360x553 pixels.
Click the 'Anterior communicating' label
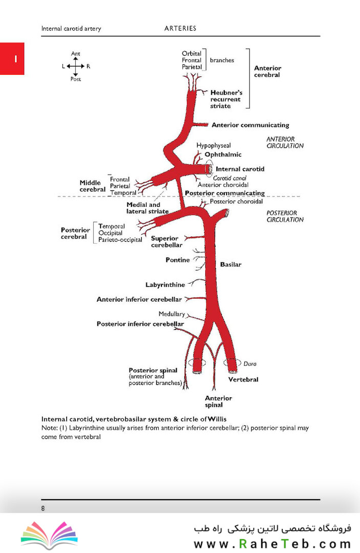point(250,125)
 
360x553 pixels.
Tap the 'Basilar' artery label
point(230,265)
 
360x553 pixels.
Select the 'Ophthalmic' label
point(223,155)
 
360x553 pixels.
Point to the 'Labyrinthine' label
point(165,285)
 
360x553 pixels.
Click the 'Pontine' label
point(178,260)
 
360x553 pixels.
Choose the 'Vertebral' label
point(243,379)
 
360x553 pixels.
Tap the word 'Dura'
point(250,364)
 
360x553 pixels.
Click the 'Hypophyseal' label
point(214,145)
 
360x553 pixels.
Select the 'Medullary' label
point(172,314)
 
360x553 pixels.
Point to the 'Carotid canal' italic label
point(229,178)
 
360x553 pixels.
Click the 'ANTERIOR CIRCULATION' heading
point(285,142)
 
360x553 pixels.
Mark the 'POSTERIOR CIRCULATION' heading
point(285,216)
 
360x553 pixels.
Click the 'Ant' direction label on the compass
point(75,54)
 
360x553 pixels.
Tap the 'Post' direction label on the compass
point(75,79)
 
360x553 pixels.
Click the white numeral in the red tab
point(15,59)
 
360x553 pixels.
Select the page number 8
point(43,508)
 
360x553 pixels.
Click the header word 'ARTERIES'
point(180,28)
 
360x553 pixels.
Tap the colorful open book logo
point(49,535)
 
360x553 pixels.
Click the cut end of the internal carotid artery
point(209,169)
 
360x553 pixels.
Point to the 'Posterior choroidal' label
point(236,201)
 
